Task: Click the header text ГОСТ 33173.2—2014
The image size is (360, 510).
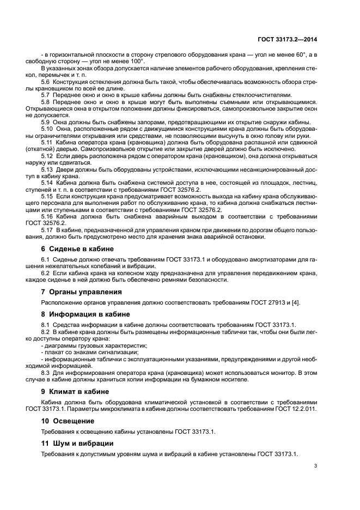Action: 287,39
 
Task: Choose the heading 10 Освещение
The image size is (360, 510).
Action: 68,421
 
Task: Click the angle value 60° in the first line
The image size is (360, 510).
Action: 296,55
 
